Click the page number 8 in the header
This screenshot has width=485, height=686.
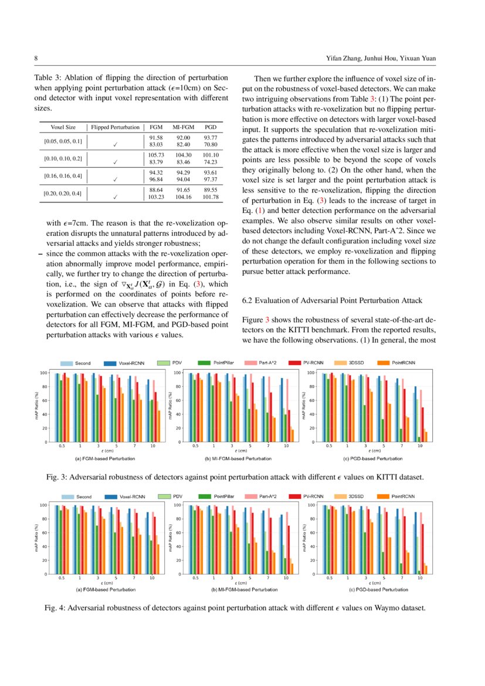click(x=36, y=59)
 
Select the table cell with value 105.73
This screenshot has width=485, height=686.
click(x=156, y=154)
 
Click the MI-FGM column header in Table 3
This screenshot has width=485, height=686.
click(x=183, y=127)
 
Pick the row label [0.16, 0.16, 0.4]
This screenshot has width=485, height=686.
click(x=63, y=175)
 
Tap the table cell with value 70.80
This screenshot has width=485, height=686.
click(x=211, y=144)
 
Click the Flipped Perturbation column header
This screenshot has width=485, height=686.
click(x=115, y=127)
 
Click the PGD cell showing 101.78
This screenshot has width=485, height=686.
click(x=211, y=197)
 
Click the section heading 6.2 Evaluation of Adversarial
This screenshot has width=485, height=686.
click(x=332, y=300)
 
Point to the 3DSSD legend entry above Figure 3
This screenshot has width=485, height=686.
click(x=357, y=364)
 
